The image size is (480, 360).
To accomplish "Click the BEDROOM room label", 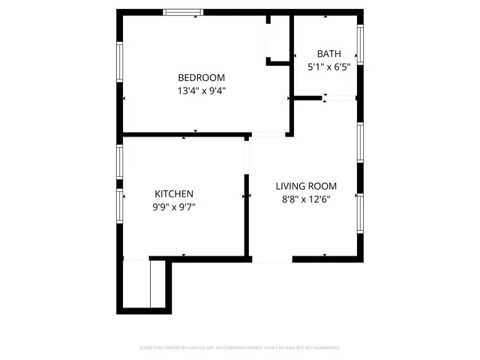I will [201, 77].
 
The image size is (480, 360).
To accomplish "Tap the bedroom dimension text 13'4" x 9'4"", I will [201, 91].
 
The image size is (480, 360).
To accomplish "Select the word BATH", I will [328, 53].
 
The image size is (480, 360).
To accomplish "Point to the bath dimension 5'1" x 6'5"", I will [328, 67].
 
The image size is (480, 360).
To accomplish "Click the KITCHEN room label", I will [174, 193].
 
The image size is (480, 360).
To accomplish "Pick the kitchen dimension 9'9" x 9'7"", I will [174, 206].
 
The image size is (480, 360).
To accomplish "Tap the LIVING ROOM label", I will [306, 186].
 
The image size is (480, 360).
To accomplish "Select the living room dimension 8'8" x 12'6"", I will [306, 199].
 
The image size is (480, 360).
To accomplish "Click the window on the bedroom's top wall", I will [183, 12].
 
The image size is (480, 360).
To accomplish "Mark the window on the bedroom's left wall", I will [119, 61].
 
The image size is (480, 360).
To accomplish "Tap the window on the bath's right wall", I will [361, 45].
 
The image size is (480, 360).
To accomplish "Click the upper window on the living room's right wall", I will [361, 142].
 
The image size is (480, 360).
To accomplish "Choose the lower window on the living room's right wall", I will [361, 215].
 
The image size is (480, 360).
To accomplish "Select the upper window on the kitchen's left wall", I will [119, 161].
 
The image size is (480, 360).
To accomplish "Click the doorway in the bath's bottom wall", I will [339, 97].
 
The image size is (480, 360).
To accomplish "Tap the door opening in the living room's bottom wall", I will [271, 259].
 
